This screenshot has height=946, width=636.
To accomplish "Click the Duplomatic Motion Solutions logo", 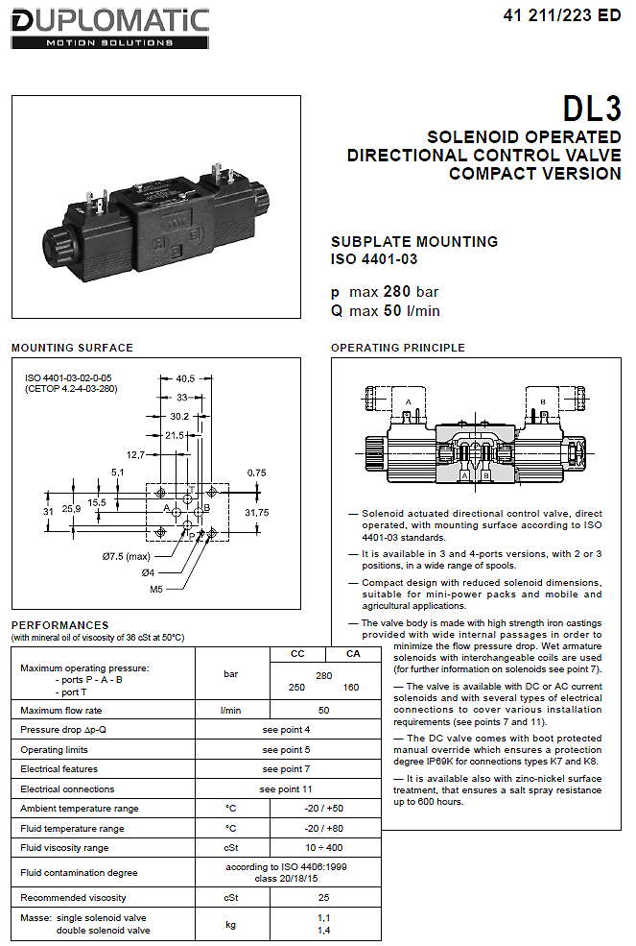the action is click(110, 29).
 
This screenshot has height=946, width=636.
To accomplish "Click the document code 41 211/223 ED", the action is click(562, 15).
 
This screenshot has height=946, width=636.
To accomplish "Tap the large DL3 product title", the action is click(592, 109).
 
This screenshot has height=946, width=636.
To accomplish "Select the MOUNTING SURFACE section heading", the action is click(72, 348).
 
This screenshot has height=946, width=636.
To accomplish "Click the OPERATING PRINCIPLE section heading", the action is click(398, 348).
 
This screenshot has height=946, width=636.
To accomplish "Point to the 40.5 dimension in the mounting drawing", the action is click(185, 379).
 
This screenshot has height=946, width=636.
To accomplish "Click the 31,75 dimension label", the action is click(257, 512).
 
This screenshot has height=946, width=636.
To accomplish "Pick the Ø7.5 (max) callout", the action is click(126, 556).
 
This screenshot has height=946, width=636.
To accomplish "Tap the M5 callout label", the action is click(156, 589).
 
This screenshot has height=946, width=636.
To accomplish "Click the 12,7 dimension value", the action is click(135, 455).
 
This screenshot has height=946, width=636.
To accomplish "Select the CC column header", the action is click(297, 654).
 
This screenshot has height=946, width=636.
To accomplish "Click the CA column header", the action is click(353, 654).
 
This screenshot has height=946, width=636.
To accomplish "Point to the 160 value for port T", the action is click(351, 688).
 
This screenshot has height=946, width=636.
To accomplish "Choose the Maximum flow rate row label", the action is click(60, 710).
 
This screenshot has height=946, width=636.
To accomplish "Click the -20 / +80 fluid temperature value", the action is click(323, 829).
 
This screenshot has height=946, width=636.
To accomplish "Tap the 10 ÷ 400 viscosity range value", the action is click(323, 848).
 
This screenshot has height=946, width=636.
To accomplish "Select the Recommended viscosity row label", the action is click(73, 898).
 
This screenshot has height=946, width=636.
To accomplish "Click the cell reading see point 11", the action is click(286, 789).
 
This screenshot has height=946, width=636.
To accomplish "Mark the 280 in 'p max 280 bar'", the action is click(397, 292).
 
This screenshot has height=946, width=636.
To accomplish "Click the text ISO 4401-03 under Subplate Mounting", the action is click(374, 259).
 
